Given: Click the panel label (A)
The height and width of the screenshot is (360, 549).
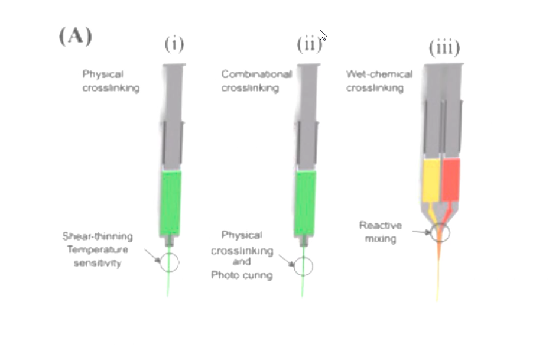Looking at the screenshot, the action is click(75, 36).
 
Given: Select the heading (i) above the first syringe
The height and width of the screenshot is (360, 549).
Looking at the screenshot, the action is click(174, 44).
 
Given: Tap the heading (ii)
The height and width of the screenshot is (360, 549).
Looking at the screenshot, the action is click(308, 44).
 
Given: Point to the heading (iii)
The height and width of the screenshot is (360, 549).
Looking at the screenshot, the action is click(444, 47).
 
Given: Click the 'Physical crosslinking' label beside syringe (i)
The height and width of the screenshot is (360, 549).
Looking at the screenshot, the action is click(111, 81).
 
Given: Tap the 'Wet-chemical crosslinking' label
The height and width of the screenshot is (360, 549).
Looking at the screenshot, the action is click(379, 81).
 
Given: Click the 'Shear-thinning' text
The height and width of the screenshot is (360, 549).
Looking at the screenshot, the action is click(98, 236).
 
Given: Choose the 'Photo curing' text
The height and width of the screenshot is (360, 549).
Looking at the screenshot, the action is click(242, 275).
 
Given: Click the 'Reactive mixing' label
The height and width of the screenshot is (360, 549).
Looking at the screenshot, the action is click(381, 232).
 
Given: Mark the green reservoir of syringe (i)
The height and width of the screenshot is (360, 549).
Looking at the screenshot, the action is click(171, 202).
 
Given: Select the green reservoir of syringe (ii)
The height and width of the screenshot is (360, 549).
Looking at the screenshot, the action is click(305, 202).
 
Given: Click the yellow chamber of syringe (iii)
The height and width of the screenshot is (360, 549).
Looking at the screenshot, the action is click(431, 180).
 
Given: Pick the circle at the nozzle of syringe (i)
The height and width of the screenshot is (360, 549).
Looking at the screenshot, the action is click(169, 262).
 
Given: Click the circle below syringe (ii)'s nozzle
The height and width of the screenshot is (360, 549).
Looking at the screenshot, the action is click(303, 266).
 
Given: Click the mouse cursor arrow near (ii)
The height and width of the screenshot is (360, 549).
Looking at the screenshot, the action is click(323, 35).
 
